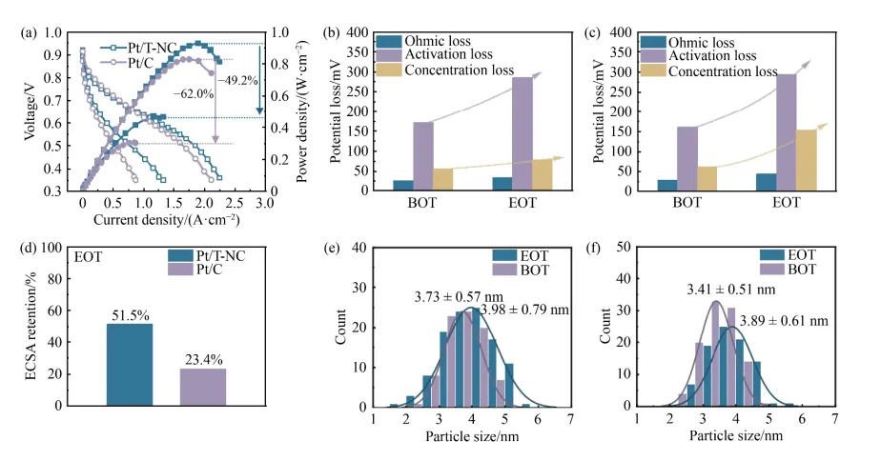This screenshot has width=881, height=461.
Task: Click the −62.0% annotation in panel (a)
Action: click(194, 93)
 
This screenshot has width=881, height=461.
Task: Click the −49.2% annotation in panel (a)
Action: click(238, 81)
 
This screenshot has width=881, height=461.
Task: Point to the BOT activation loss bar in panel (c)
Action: click(686, 158)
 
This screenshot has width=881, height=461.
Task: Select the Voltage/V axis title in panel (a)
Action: click(36, 111)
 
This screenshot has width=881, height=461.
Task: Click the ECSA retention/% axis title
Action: click(36, 326)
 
